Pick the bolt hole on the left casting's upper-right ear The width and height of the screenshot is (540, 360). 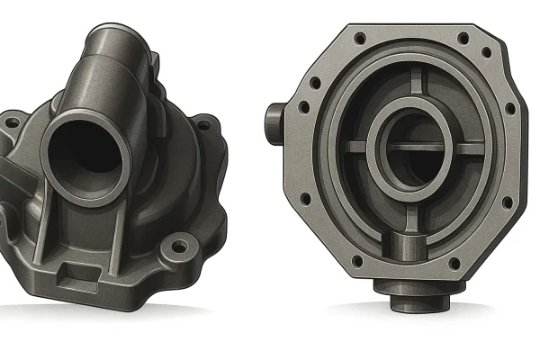click(x=202, y=126)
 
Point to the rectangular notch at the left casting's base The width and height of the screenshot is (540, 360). click(x=85, y=271)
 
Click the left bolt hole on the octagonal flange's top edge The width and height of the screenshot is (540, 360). click(x=359, y=39)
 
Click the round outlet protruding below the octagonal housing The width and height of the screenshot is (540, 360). click(x=410, y=297)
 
